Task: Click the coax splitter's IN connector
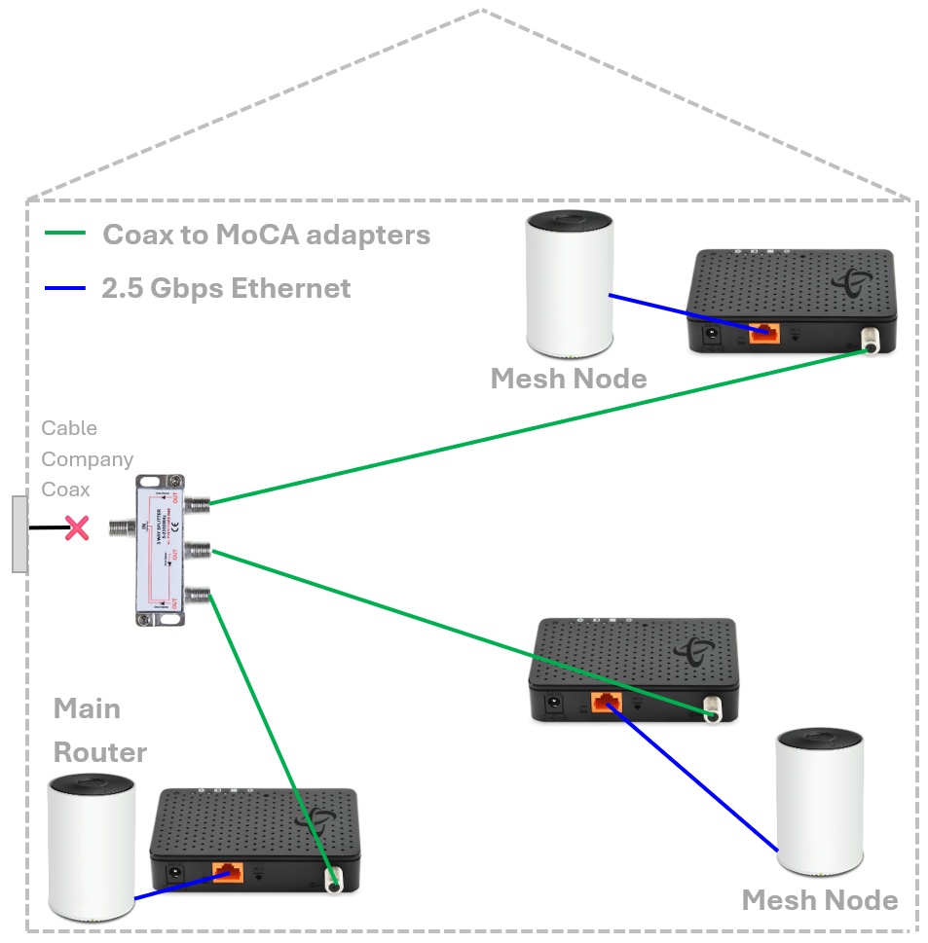pos(120,528)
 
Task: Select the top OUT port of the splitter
pos(197,504)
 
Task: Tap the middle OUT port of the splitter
pos(197,552)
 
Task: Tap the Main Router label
pos(99,730)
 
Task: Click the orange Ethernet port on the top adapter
pos(763,332)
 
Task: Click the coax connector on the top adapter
pos(866,343)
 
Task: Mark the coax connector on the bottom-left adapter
pos(334,882)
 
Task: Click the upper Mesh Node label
pos(569,379)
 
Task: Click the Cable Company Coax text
pos(87,458)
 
